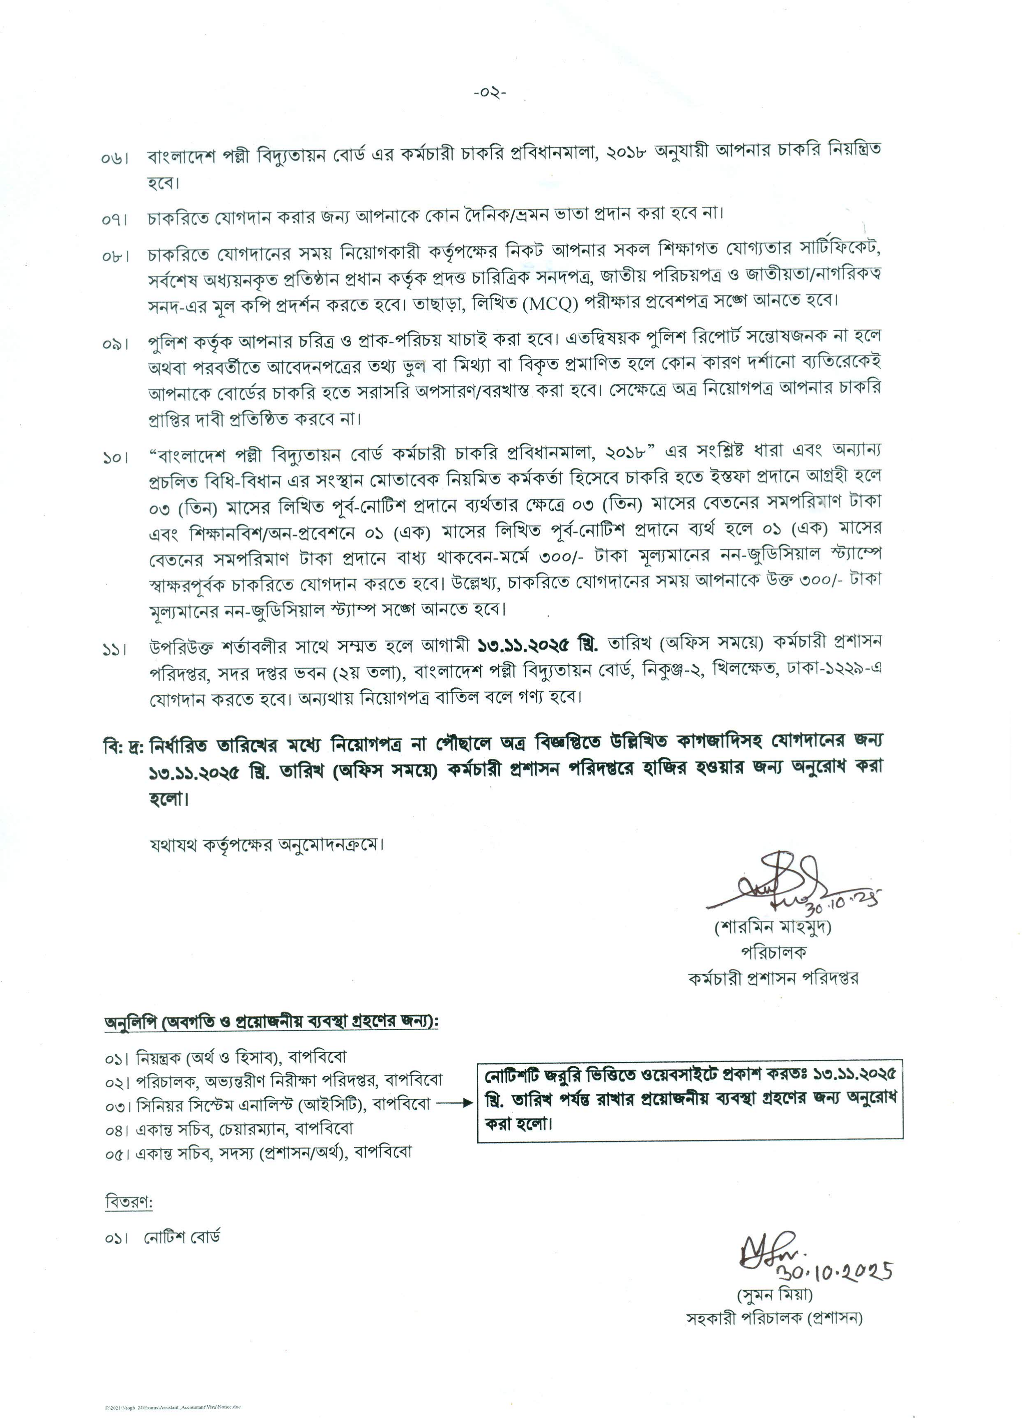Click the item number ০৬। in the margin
(114, 157)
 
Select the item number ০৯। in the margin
(114, 343)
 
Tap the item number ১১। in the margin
(114, 650)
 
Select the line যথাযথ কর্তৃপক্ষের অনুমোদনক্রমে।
(266, 845)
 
